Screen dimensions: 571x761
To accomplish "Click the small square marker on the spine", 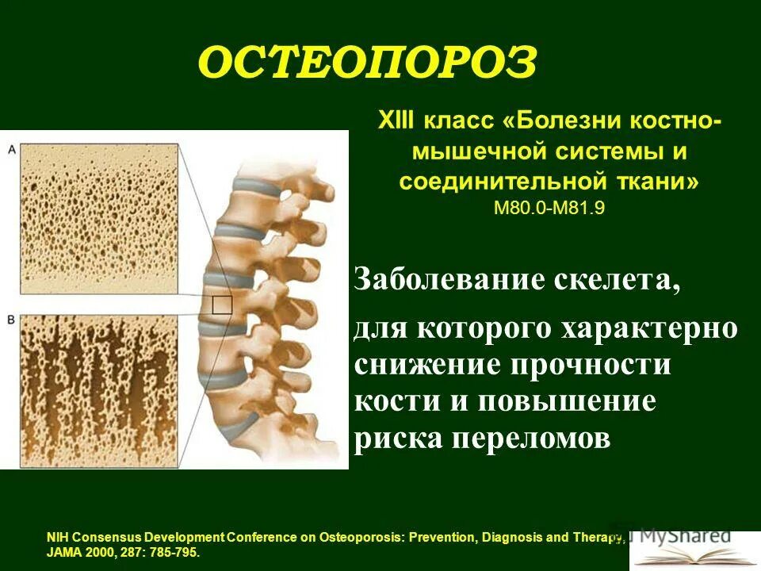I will pos(222,305).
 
